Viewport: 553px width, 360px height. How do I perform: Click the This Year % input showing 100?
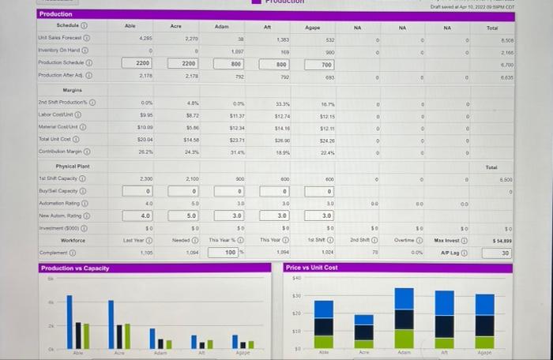pos(229,253)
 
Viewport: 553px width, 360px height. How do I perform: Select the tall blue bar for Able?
pos(70,321)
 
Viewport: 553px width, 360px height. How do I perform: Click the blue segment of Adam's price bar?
pos(404,298)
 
